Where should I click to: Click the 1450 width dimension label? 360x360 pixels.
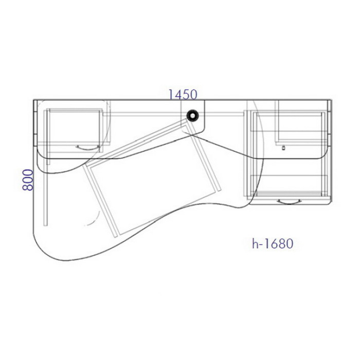point(183,94)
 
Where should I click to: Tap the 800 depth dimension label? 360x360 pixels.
point(28,180)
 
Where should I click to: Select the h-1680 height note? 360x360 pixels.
point(273,244)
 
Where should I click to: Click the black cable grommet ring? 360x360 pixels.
point(192,116)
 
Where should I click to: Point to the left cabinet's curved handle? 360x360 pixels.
point(88,148)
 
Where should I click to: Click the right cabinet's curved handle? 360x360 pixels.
point(289,202)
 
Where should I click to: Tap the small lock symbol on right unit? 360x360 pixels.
point(283,148)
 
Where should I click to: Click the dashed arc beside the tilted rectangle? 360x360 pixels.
point(94,218)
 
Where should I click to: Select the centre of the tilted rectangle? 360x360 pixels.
point(152,178)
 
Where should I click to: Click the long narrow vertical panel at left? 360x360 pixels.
point(45,168)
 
